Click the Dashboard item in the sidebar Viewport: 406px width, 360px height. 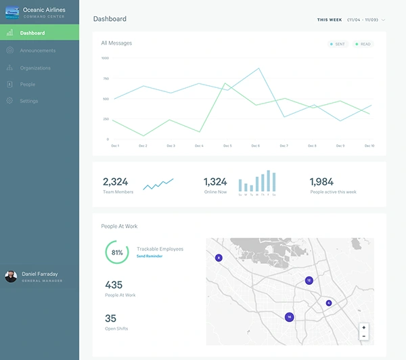pyautogui.click(x=32, y=33)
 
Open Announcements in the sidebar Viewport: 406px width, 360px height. pyautogui.click(x=37, y=51)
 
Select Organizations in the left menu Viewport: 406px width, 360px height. pyautogui.click(x=35, y=68)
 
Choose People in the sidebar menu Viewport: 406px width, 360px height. pyautogui.click(x=27, y=85)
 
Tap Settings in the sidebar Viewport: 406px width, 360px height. pyautogui.click(x=29, y=101)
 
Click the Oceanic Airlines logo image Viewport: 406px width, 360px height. pyautogui.click(x=12, y=12)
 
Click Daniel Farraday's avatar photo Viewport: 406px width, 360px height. pyautogui.click(x=11, y=276)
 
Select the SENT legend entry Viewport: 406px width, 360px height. pyautogui.click(x=337, y=44)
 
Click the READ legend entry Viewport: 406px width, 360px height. pyautogui.click(x=363, y=44)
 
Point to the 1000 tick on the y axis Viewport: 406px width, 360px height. pyautogui.click(x=105, y=58)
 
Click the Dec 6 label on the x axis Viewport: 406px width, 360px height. pyautogui.click(x=255, y=145)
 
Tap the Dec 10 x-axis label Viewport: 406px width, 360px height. pyautogui.click(x=369, y=145)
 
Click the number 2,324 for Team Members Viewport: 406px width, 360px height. pyautogui.click(x=115, y=181)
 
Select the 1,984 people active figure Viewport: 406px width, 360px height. pyautogui.click(x=321, y=181)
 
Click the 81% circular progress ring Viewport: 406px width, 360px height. pyautogui.click(x=117, y=252)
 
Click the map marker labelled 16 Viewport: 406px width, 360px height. pyautogui.click(x=289, y=317)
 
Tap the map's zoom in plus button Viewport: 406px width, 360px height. pyautogui.click(x=364, y=328)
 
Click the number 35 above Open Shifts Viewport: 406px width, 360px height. pyautogui.click(x=110, y=318)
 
